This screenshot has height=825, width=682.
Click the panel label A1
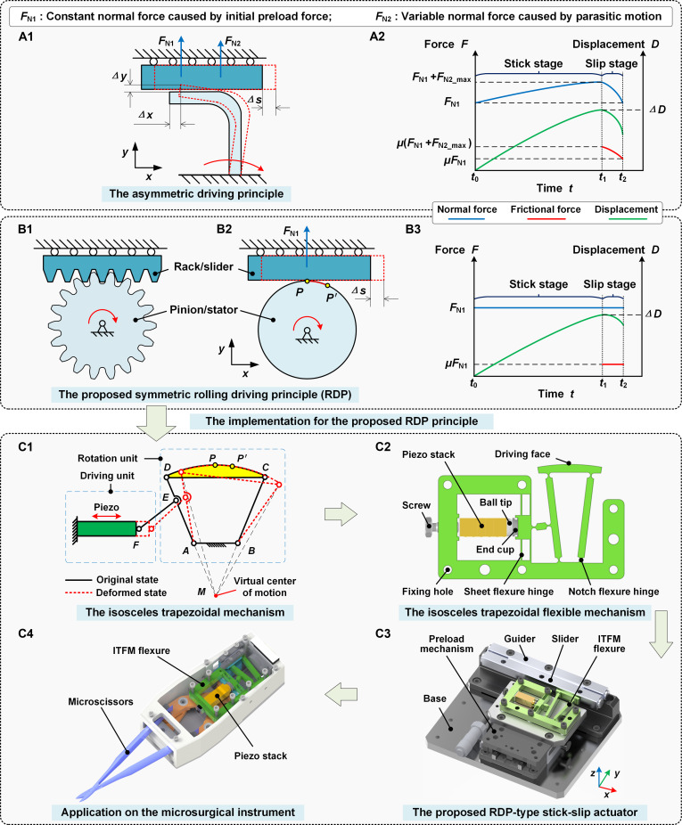(26, 37)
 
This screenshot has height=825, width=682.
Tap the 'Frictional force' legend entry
(545, 209)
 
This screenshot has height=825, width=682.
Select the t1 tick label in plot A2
(603, 178)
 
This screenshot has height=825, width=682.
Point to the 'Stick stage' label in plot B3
(538, 284)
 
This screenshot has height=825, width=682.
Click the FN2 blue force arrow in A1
(221, 58)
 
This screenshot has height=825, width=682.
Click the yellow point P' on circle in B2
(327, 285)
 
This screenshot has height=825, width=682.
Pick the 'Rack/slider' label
(203, 266)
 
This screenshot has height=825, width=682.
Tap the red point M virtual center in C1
(216, 595)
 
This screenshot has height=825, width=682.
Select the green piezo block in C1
(107, 528)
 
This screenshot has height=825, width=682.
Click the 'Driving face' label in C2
(522, 454)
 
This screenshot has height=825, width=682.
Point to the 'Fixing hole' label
(427, 592)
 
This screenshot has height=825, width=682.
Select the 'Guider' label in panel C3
(519, 639)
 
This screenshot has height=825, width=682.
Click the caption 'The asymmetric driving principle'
(196, 193)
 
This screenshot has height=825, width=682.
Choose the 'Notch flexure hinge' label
(613, 592)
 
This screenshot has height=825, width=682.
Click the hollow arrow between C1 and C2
(341, 513)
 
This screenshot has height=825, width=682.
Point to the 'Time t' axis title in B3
(556, 394)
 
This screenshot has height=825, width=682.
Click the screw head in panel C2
(430, 527)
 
